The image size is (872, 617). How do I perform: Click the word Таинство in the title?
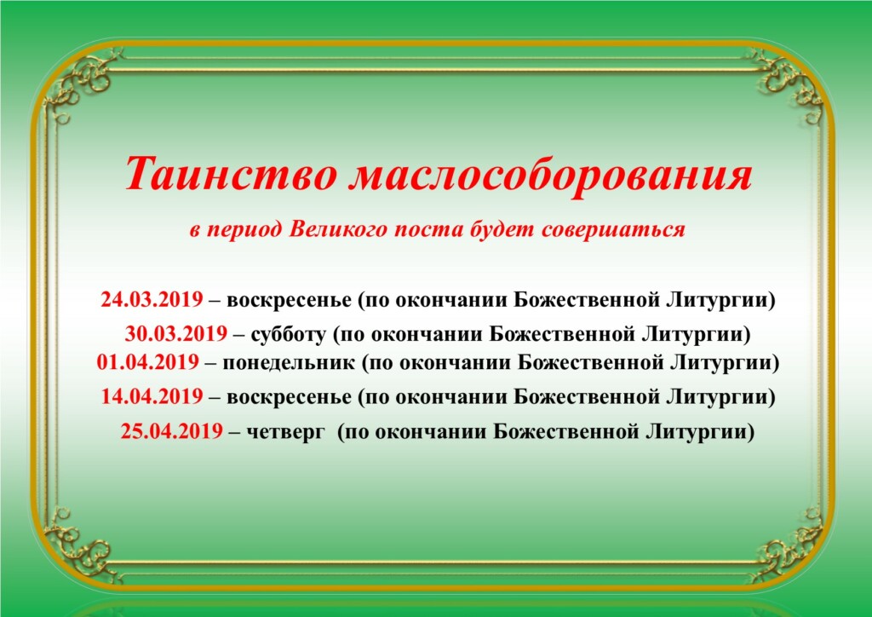231,173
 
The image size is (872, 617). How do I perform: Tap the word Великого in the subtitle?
337,229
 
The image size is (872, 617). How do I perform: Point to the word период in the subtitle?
244,229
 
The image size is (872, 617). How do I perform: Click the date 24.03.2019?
152,299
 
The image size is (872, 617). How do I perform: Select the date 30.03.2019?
175,334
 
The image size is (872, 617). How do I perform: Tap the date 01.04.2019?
148,362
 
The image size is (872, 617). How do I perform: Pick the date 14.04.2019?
152,396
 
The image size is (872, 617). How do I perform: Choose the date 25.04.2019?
172,431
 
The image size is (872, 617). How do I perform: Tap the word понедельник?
289,363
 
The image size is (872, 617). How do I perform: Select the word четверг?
284,432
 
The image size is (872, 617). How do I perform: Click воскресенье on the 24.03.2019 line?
290,301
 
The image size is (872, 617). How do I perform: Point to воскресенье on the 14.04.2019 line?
290,398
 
